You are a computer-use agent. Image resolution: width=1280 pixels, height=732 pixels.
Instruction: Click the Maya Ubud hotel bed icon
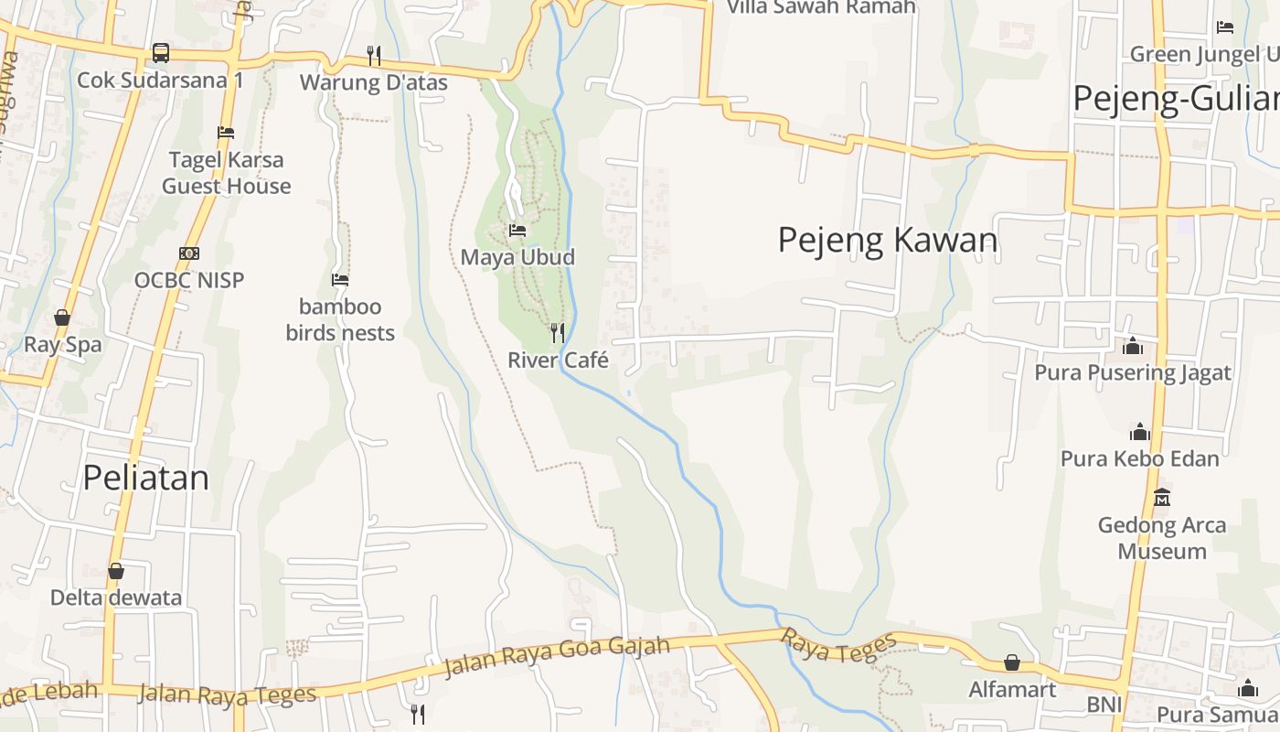[x=517, y=231]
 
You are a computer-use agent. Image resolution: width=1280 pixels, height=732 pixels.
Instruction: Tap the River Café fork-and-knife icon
[x=558, y=332]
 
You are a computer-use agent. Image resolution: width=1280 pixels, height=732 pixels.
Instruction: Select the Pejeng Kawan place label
[x=887, y=240]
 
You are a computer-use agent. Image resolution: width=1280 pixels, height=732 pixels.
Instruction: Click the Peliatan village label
[x=146, y=478]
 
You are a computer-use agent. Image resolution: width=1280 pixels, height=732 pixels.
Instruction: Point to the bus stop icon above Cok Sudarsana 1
[x=161, y=53]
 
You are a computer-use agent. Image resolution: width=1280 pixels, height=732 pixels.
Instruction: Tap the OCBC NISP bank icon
[x=189, y=253]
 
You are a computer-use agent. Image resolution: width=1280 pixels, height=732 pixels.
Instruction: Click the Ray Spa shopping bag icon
[x=62, y=318]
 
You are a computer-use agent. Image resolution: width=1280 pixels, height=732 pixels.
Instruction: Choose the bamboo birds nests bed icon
[x=340, y=279]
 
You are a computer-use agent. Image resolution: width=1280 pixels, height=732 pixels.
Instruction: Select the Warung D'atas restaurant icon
[x=374, y=56]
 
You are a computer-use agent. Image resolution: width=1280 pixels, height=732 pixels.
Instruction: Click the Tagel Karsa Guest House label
[x=227, y=173]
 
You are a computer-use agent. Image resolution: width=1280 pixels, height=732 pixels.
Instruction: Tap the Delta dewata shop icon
[x=116, y=571]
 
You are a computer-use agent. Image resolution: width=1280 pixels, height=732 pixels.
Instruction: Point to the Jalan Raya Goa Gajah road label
[x=556, y=657]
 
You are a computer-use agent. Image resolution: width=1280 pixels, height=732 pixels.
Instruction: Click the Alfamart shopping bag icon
[x=1012, y=662]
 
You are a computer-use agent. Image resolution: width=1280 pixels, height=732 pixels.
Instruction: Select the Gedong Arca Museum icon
[x=1162, y=498]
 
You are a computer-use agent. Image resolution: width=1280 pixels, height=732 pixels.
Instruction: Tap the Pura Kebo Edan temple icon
[x=1140, y=431]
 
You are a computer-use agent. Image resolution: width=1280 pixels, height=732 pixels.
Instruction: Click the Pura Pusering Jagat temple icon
[x=1133, y=346]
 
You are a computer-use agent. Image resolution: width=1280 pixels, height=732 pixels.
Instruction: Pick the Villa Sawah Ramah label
[x=821, y=7]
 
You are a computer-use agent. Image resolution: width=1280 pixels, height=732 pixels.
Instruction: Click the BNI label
[x=1104, y=705]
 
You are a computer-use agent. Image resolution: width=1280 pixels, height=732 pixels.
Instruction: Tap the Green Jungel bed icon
[x=1225, y=27]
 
